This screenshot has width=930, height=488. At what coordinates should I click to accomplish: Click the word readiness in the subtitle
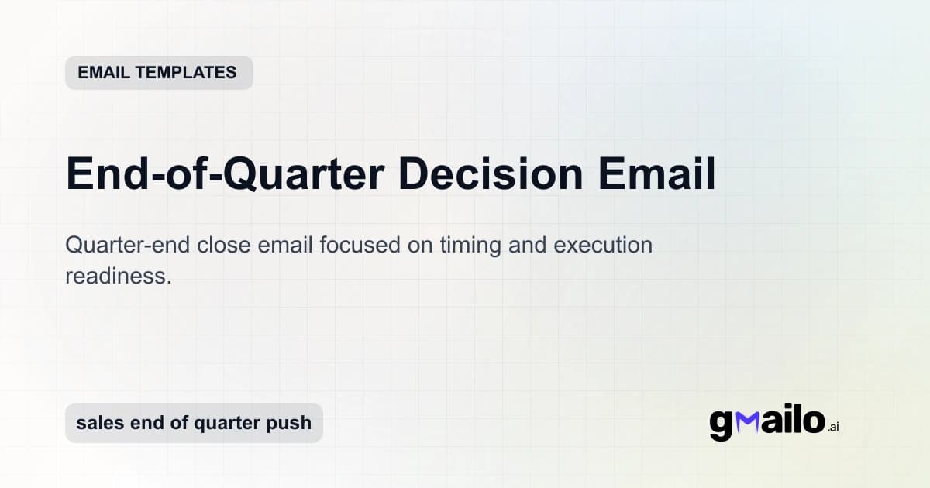point(118,276)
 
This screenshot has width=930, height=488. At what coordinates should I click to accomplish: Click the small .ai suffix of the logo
point(833,427)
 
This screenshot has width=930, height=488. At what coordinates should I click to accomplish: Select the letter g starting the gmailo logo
point(721,424)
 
